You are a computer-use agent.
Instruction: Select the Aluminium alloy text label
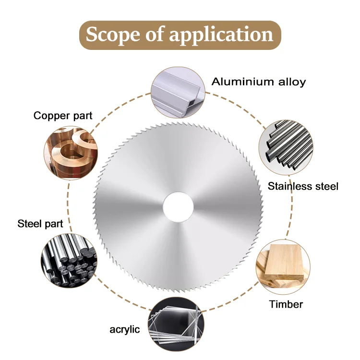(x=259, y=82)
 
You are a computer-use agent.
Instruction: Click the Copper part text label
(x=63, y=116)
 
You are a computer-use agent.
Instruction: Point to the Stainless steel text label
(x=303, y=186)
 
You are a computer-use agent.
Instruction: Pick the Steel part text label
(x=40, y=224)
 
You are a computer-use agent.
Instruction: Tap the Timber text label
(x=286, y=304)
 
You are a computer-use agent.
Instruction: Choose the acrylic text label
(x=125, y=329)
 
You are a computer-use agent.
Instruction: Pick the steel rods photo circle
(x=68, y=261)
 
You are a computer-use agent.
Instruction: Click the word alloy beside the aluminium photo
(x=291, y=82)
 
